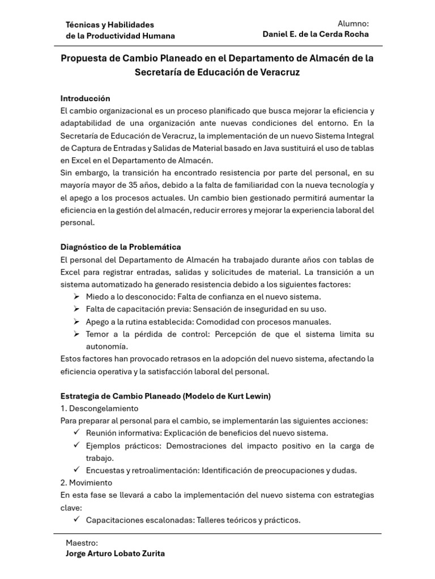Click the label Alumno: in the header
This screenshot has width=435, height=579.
tap(353, 24)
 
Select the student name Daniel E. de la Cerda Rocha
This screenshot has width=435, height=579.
tap(315, 34)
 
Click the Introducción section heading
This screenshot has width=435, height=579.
tap(85, 98)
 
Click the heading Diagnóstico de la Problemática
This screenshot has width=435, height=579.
tap(121, 247)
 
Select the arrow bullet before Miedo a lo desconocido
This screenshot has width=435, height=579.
tap(76, 297)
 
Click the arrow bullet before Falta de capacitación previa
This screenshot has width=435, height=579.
tap(76, 309)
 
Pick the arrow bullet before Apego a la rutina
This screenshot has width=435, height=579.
tap(76, 322)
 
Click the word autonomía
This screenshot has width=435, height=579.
tap(107, 347)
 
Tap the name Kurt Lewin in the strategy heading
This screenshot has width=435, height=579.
tap(248, 396)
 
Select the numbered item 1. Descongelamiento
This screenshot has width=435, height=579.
tap(99, 408)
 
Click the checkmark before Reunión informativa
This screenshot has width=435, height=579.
tap(76, 433)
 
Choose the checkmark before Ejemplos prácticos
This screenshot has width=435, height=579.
tap(76, 446)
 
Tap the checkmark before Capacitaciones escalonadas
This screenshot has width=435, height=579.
tap(76, 520)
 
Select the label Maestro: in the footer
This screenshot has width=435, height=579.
tap(82, 543)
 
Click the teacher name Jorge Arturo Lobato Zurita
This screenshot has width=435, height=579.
tap(116, 554)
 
